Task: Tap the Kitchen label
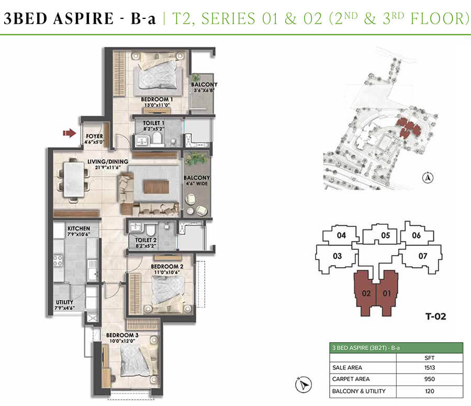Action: tap(78, 229)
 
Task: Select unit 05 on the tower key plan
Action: tap(386, 236)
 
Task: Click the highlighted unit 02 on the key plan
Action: tap(366, 294)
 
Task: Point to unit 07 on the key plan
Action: tap(423, 256)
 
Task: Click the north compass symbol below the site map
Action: tap(428, 178)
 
